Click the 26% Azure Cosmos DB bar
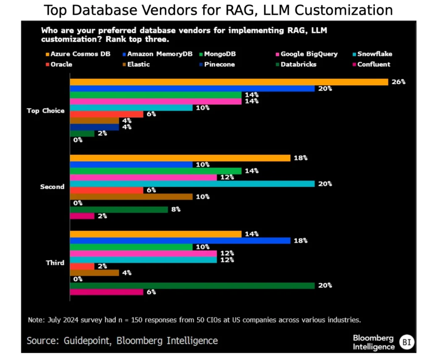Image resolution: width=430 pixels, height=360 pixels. pyautogui.click(x=228, y=82)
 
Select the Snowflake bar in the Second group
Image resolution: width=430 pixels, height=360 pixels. pyautogui.click(x=192, y=184)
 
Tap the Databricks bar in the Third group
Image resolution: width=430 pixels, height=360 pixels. pyautogui.click(x=192, y=285)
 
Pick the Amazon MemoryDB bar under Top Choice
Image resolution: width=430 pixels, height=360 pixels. pyautogui.click(x=192, y=89)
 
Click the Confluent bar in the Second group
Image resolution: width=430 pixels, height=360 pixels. pyautogui.click(x=82, y=216)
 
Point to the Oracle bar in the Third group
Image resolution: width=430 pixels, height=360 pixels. pyautogui.click(x=82, y=266)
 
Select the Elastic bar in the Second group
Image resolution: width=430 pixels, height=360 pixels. pyautogui.click(x=131, y=197)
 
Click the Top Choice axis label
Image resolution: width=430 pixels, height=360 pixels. pyautogui.click(x=46, y=111)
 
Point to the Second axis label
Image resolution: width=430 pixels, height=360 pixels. pyautogui.click(x=52, y=187)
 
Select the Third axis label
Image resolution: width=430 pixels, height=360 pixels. pyautogui.click(x=55, y=263)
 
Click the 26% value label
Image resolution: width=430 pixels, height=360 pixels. pyautogui.click(x=399, y=82)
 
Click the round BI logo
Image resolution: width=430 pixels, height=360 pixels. pyautogui.click(x=406, y=342)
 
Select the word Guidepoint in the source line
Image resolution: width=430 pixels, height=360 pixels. pyautogui.click(x=85, y=340)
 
